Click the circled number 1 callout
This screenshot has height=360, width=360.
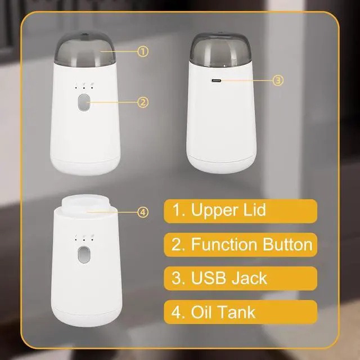point(143,51)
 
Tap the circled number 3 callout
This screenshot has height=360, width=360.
point(277,80)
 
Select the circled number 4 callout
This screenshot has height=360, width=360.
point(143,212)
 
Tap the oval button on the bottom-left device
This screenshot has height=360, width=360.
point(84,255)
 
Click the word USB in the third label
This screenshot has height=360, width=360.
point(211,278)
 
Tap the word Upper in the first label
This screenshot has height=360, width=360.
point(211,211)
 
